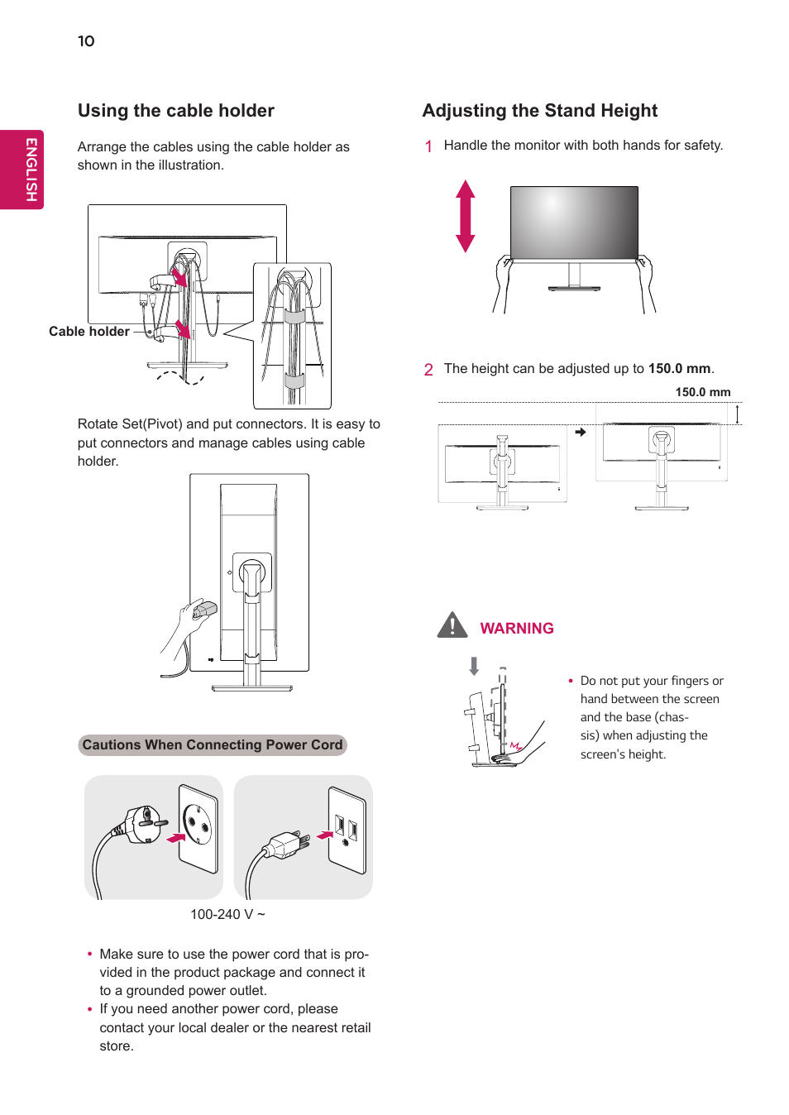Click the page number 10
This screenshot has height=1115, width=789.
click(x=86, y=41)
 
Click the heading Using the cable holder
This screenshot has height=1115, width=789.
click(x=175, y=111)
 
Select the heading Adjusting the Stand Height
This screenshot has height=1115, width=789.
click(x=539, y=111)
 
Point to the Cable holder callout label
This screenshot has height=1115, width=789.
click(x=88, y=332)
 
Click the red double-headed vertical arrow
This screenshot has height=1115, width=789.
click(x=466, y=216)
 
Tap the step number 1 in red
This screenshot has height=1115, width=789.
click(x=428, y=146)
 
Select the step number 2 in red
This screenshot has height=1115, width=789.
click(x=428, y=370)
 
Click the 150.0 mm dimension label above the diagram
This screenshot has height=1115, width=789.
click(x=702, y=392)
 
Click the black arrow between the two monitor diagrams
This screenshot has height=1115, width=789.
click(x=581, y=432)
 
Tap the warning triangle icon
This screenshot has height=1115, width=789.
click(x=452, y=625)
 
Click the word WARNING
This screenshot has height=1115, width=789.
click(x=517, y=629)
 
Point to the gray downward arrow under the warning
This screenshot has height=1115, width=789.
click(x=474, y=666)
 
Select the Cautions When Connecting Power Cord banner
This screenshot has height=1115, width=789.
click(x=213, y=745)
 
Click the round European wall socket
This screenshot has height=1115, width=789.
click(x=198, y=827)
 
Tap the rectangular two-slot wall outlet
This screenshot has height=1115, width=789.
click(x=347, y=830)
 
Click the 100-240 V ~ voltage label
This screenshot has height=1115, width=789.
click(x=227, y=914)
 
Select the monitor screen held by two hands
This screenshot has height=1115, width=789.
click(x=574, y=222)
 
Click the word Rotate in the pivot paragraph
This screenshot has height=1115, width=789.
click(x=98, y=424)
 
